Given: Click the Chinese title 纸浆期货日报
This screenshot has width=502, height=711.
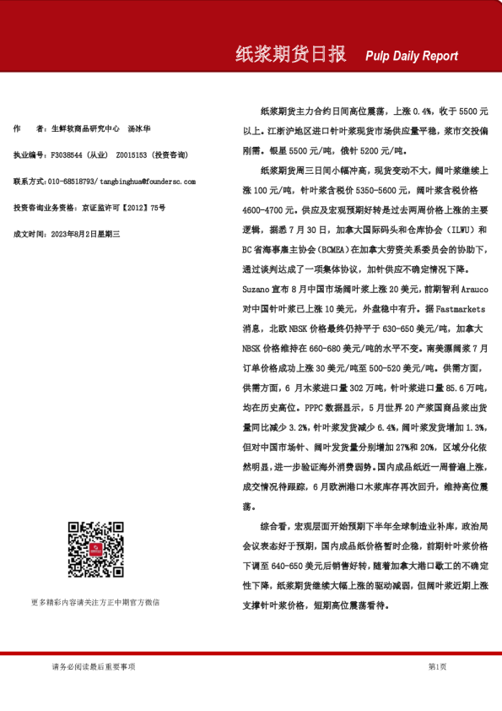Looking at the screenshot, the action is (290, 55).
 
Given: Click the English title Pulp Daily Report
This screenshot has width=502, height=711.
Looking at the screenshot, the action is (412, 56).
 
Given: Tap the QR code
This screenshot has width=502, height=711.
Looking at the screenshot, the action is (95, 550).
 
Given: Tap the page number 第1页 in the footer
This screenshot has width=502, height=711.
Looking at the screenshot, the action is (437, 667).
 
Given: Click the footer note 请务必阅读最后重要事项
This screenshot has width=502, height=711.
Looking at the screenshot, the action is (93, 667).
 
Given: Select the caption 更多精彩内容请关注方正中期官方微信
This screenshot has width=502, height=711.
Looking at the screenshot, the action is (94, 602).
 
